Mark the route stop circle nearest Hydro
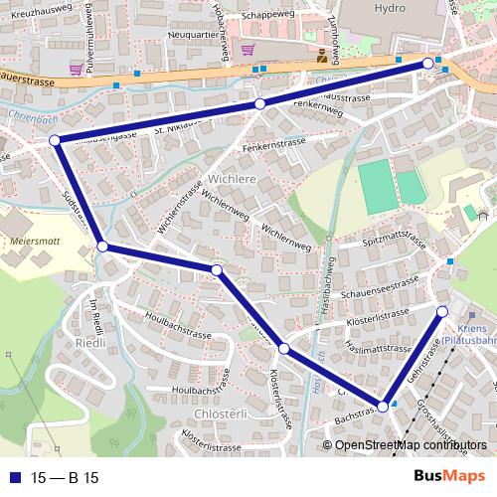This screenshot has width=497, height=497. coord(428,64)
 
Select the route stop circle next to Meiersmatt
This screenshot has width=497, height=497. coord(102,245)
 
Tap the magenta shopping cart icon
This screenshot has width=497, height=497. coord(246,49)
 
